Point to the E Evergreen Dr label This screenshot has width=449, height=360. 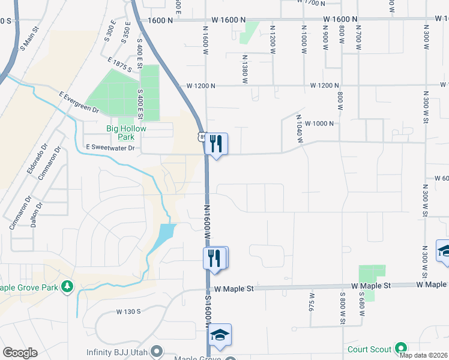[x=79, y=102]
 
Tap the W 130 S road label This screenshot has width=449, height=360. [x=128, y=311]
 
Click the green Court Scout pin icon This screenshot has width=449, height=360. [x=400, y=349]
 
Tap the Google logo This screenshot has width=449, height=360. [x=20, y=353]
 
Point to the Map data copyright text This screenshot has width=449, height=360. [x=423, y=355]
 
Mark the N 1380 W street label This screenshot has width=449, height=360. [x=245, y=70]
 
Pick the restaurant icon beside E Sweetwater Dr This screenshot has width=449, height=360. [x=217, y=143]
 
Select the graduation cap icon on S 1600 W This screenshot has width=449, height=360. [x=220, y=335]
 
